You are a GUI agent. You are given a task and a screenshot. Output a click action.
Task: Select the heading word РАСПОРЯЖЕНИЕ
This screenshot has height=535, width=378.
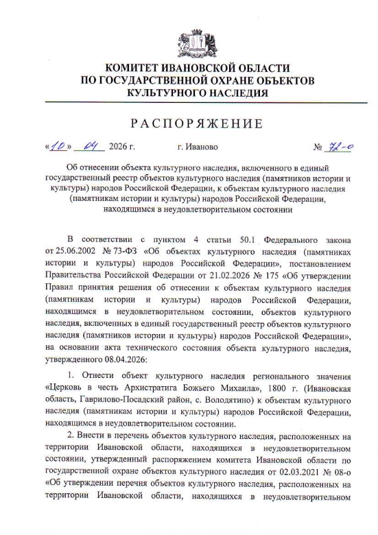(189, 123)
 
